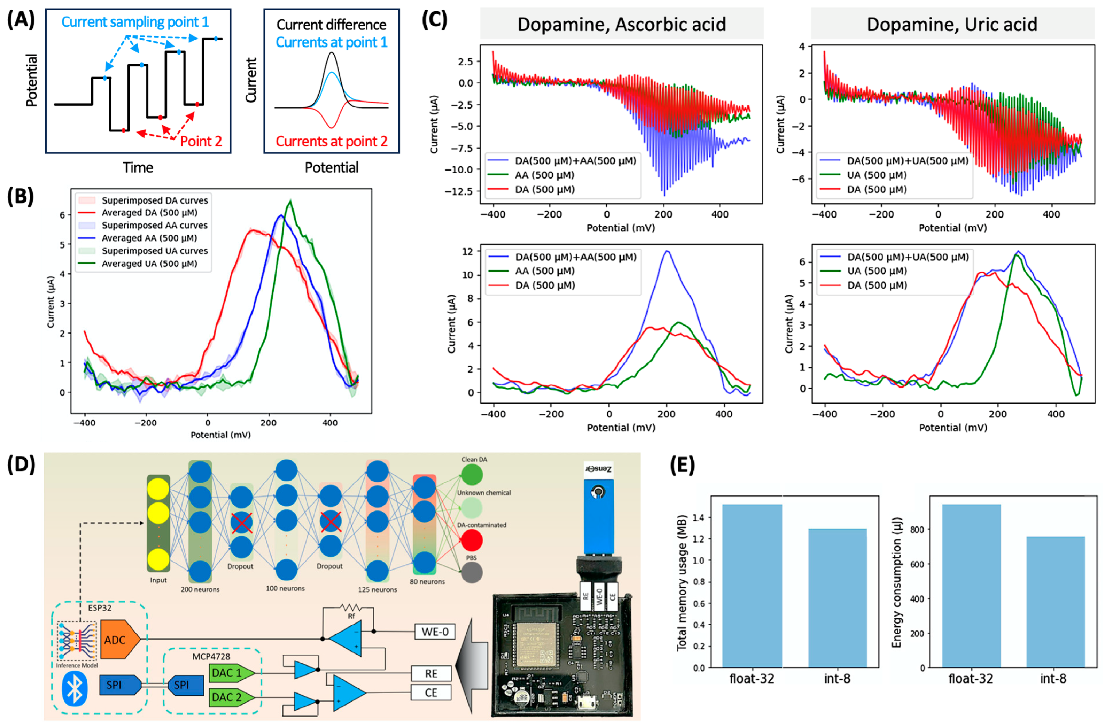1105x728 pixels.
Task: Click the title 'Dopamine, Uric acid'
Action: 952,24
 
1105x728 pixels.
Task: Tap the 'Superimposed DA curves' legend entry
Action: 155,200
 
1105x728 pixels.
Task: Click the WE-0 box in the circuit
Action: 435,632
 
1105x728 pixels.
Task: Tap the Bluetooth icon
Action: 75,690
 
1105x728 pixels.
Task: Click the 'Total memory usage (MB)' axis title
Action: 681,583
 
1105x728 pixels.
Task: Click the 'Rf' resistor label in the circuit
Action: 351,616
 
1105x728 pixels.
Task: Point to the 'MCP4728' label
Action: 211,656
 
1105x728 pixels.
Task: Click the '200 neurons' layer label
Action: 200,589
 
